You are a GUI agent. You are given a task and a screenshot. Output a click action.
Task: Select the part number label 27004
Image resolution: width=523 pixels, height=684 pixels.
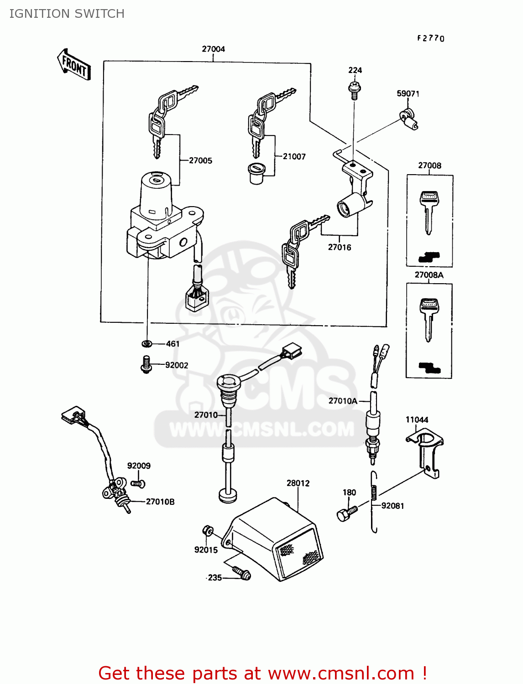213,49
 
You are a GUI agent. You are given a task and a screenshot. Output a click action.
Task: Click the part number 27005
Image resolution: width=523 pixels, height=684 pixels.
200,161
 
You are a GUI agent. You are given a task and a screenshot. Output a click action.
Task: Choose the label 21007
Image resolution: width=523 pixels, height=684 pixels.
294,156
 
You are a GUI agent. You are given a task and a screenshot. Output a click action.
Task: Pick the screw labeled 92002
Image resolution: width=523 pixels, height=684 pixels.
146,365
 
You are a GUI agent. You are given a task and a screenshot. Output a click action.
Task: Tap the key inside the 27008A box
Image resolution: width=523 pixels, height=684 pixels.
429,319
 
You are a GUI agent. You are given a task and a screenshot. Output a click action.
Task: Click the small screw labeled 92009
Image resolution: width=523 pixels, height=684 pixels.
138,483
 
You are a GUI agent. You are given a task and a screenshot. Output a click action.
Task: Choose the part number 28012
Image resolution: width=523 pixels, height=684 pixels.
298,483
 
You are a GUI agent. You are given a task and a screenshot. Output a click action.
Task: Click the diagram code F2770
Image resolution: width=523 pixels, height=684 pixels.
430,38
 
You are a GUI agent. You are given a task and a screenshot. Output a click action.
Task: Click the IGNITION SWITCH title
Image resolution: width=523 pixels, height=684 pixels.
67,14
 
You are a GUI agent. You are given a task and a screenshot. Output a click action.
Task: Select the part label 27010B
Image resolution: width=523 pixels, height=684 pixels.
160,502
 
